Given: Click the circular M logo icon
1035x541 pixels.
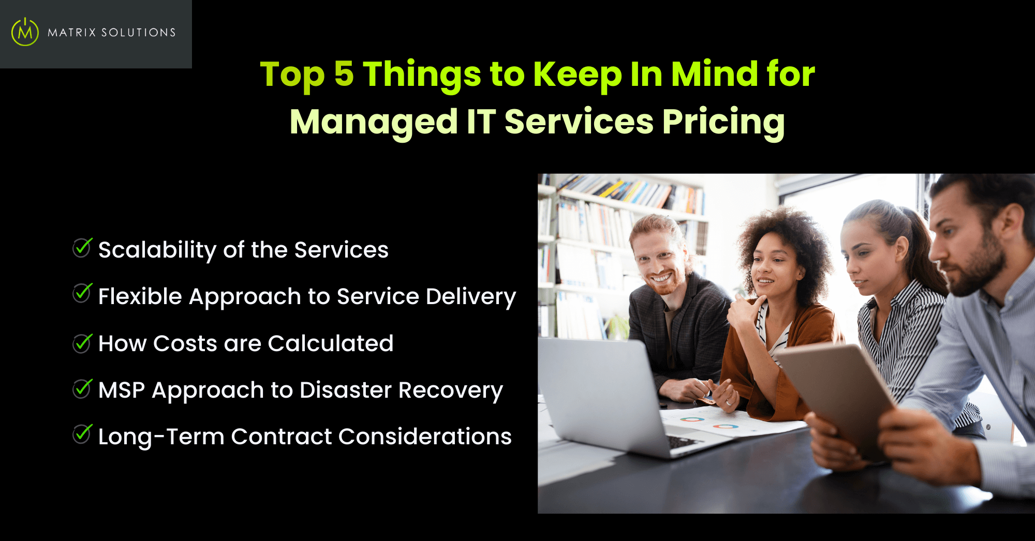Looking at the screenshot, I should pyautogui.click(x=25, y=32).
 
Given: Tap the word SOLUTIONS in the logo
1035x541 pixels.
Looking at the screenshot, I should pyautogui.click(x=138, y=33).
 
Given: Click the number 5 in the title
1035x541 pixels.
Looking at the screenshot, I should pyautogui.click(x=344, y=73).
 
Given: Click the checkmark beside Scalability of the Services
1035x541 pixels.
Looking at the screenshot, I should pyautogui.click(x=82, y=248).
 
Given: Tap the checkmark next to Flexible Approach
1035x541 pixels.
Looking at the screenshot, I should pyautogui.click(x=82, y=293).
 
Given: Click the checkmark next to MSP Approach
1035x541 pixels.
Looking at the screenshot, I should pyautogui.click(x=82, y=389).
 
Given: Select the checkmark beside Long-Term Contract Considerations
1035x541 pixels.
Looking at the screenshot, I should pyautogui.click(x=82, y=434).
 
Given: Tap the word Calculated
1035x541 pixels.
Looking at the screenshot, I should pyautogui.click(x=331, y=343).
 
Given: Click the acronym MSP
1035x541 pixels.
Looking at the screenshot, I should pyautogui.click(x=122, y=390).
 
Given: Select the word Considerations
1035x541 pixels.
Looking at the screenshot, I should pyautogui.click(x=425, y=437).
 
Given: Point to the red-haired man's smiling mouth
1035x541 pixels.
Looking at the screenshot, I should pyautogui.click(x=661, y=278).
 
